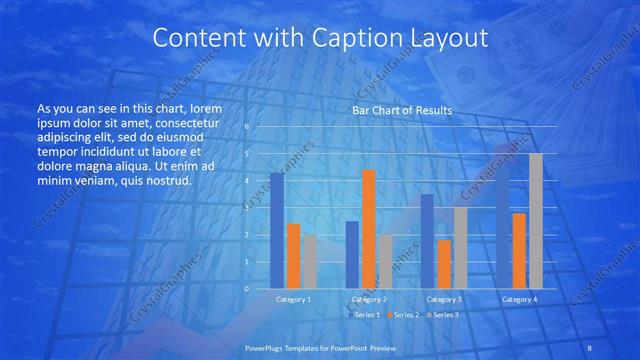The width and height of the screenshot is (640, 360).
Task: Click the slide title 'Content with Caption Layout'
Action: [x=320, y=39]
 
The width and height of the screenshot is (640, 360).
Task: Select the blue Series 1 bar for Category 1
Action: [x=277, y=230]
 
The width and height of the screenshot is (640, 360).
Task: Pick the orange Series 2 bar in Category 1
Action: [x=294, y=256]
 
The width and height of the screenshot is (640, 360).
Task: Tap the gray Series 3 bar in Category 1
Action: [x=310, y=261]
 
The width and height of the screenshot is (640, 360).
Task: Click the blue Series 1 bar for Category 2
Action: [x=352, y=254]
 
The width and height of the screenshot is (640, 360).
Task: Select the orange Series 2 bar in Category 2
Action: [x=369, y=229]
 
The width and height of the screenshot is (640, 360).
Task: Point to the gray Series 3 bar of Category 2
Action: [x=385, y=261]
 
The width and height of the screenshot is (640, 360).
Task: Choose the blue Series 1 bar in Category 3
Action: [x=427, y=241]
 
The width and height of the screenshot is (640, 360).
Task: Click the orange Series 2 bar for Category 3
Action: [x=444, y=264]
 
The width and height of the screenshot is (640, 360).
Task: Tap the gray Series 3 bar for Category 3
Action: [x=460, y=248]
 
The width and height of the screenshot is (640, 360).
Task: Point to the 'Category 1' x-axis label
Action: [x=293, y=299]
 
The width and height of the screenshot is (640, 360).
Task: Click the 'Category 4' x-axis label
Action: [x=518, y=299]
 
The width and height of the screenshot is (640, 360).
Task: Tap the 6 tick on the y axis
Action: [x=247, y=127]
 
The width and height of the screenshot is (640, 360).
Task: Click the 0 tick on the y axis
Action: [x=247, y=288]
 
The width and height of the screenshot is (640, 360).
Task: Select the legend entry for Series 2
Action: [x=404, y=315]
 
